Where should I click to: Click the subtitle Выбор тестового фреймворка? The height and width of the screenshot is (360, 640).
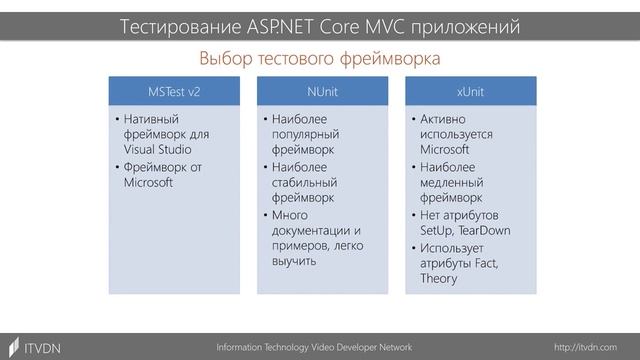point(320,58)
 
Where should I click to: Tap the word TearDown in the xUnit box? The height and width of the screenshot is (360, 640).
point(484,230)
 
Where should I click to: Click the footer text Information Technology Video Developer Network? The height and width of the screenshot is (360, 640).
point(314,346)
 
